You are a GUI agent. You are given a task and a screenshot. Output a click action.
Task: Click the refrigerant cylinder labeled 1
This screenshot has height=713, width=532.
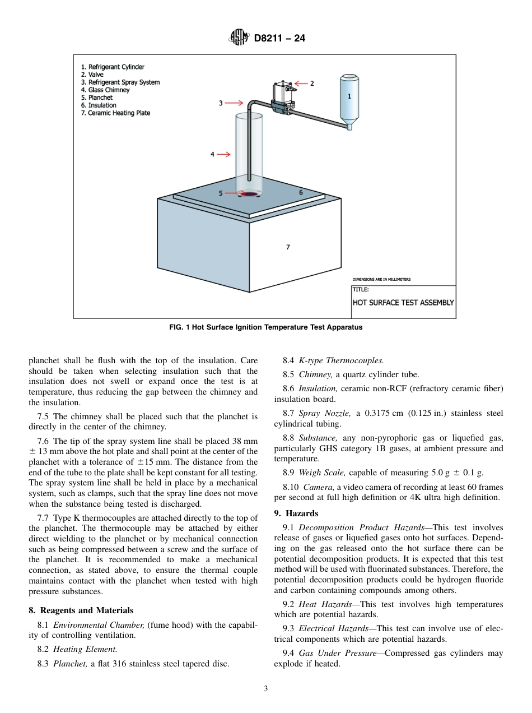(x=349, y=101)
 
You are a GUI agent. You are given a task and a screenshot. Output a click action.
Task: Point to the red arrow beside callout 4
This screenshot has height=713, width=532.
(x=222, y=154)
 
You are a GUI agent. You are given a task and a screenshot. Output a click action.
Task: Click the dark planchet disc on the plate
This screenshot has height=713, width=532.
(x=250, y=194)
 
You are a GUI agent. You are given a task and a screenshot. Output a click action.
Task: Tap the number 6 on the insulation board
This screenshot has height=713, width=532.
(x=301, y=192)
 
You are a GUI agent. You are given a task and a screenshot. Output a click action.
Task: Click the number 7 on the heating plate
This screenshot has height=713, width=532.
(x=288, y=247)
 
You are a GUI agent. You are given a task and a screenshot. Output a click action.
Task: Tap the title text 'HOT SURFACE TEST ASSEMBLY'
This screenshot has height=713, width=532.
(x=403, y=303)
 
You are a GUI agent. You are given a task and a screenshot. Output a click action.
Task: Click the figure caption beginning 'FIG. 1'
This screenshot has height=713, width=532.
(x=265, y=327)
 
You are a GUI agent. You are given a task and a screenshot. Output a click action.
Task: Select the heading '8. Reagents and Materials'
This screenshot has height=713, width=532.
(x=81, y=610)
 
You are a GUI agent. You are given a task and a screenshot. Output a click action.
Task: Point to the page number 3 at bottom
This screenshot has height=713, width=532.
(x=265, y=689)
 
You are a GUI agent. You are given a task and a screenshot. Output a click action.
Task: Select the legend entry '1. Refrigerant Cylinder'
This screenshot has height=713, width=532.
(x=113, y=67)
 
